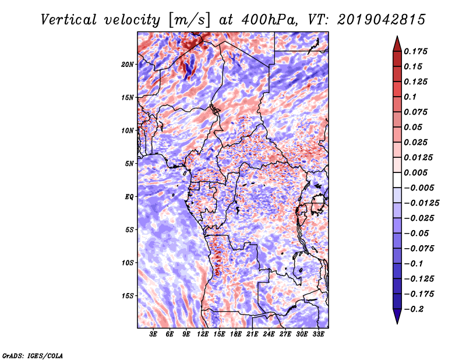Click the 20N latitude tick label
(x=128, y=65)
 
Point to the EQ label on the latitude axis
(x=129, y=197)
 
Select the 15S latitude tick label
(x=128, y=296)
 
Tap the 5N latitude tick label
(x=129, y=164)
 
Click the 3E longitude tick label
(x=153, y=334)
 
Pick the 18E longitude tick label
(x=236, y=334)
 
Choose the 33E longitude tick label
(x=318, y=334)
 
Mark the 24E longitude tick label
(x=269, y=334)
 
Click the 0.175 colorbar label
(x=416, y=51)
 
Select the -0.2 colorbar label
(x=414, y=309)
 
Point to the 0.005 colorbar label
(x=416, y=172)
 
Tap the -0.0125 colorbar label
(x=422, y=203)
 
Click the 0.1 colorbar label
(x=410, y=97)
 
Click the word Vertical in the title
(x=69, y=20)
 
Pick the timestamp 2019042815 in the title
(x=382, y=20)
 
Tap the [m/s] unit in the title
(x=189, y=20)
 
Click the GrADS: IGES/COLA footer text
(x=33, y=356)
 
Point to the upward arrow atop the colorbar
(x=397, y=44)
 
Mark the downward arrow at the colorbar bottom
(x=397, y=316)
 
